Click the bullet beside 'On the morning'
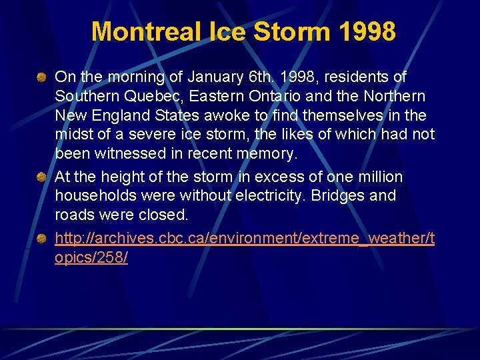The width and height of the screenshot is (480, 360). click(42, 78)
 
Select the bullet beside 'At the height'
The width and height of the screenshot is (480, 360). click(42, 177)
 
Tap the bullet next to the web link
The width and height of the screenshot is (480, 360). click(42, 239)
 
